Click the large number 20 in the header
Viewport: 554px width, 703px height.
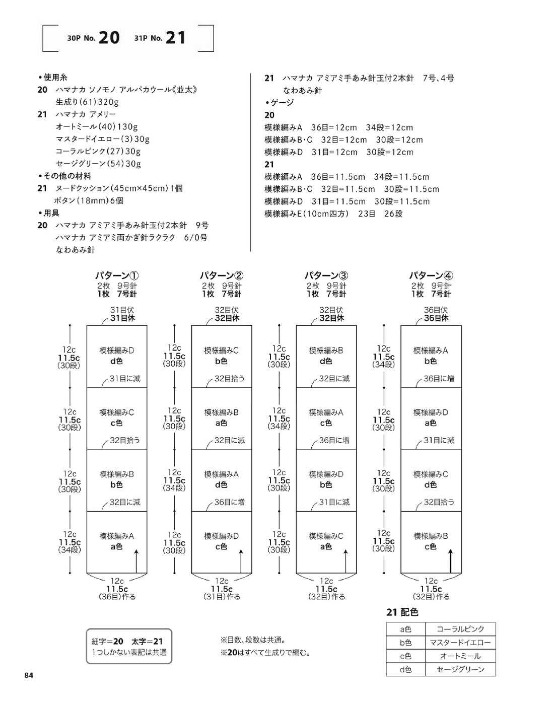coord(109,38)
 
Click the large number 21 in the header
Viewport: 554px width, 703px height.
coord(176,38)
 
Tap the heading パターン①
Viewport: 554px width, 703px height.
coord(117,275)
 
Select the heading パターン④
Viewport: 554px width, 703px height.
coord(431,275)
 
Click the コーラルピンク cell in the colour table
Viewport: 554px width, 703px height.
coord(460,629)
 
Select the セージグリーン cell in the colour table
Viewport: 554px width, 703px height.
coord(460,669)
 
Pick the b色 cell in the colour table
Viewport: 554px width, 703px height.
coord(405,643)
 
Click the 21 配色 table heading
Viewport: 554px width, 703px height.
coord(402,612)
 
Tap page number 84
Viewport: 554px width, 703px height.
coord(29,675)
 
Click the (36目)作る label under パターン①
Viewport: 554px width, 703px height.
coord(117,597)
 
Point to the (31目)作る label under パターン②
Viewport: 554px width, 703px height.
coord(222,597)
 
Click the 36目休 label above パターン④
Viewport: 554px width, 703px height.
coord(436,318)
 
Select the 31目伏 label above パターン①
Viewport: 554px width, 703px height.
coord(122,310)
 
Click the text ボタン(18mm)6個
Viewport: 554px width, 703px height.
coord(89,200)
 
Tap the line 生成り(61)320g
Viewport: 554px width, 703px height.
coord(87,102)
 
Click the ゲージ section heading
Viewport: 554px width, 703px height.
coord(280,103)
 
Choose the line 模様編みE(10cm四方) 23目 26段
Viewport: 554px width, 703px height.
coord(333,214)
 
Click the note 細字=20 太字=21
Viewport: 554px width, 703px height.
coord(127,641)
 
